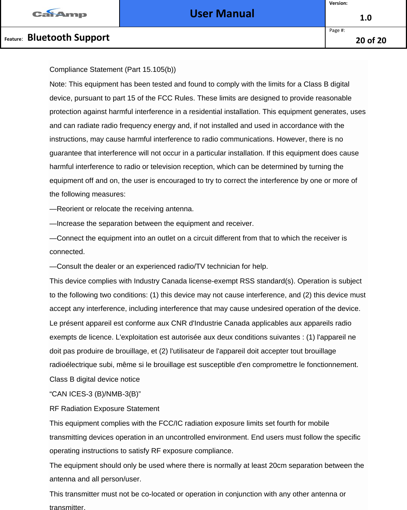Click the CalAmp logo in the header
point(60,14)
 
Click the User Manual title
point(222,14)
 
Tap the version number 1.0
point(366,18)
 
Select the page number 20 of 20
point(371,40)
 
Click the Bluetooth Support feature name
point(69,37)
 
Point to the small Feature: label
point(14,39)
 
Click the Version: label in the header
point(338,3)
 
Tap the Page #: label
point(337,30)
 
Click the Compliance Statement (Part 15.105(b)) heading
point(113,69)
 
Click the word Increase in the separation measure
point(71,223)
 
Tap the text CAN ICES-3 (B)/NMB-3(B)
point(95,394)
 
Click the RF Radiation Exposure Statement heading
point(104,408)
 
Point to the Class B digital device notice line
point(95,379)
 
